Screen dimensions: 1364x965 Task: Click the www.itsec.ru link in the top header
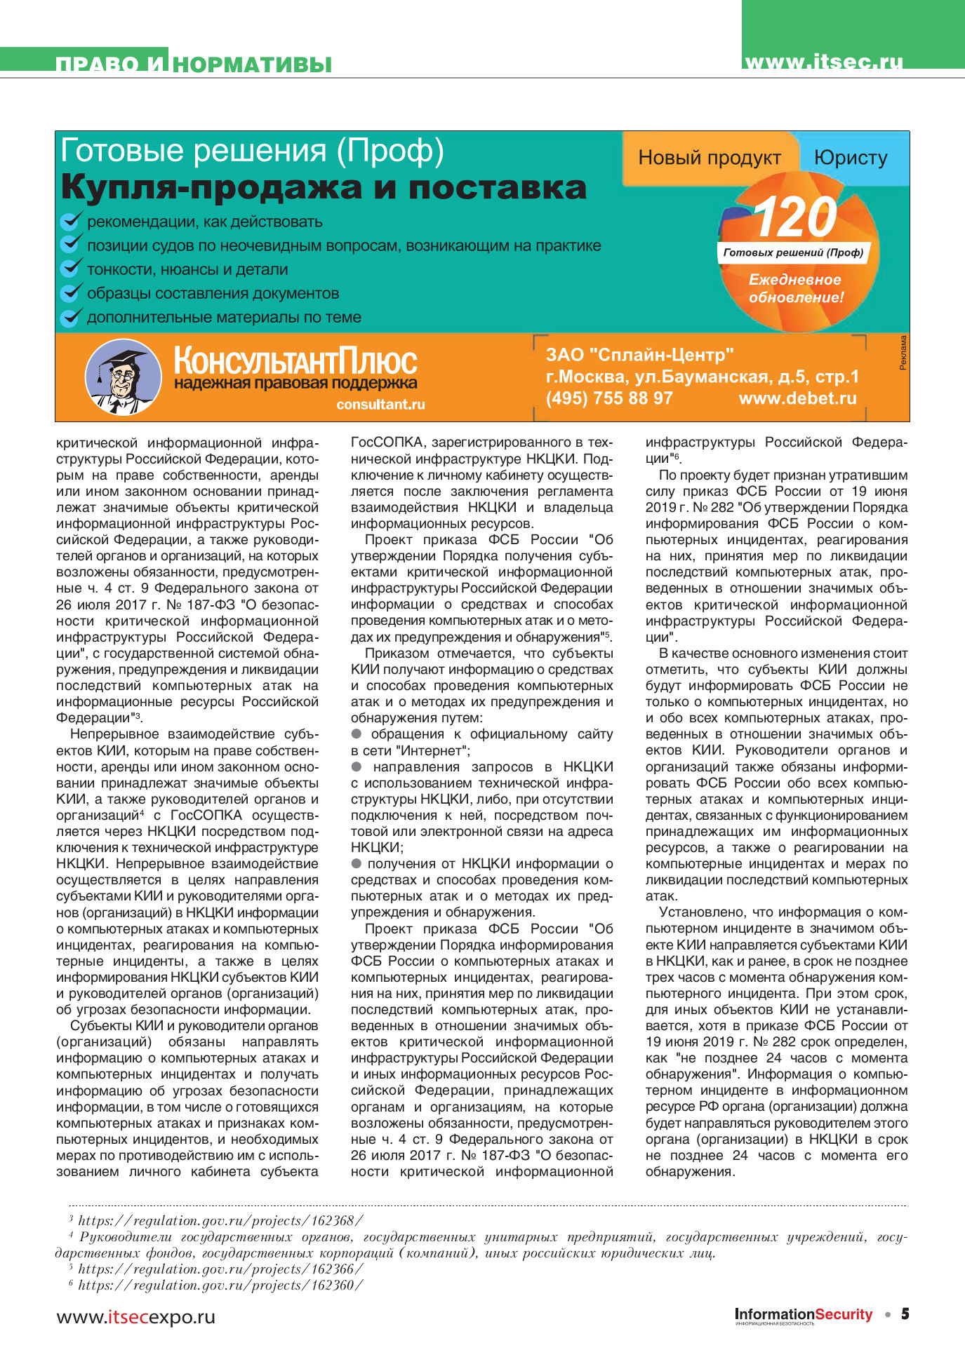823,62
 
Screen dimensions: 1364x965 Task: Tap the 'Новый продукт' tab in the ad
709,158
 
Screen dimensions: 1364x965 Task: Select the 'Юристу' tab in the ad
851,158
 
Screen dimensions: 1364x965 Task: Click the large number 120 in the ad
795,218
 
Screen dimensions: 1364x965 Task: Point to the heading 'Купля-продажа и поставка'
324,187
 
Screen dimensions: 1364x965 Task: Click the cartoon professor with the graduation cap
123,377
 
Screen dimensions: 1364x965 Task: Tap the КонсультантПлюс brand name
295,361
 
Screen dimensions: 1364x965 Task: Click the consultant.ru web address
380,405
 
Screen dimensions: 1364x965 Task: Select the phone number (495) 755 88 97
609,398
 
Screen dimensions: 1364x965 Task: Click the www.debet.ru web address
797,398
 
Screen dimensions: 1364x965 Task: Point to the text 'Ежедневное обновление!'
795,288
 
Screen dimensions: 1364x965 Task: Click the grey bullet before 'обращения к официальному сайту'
357,734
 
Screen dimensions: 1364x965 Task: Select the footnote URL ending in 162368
220,1221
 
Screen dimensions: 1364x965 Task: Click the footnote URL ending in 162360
220,1285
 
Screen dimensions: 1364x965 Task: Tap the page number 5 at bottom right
905,1314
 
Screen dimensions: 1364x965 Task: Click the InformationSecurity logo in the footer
803,1315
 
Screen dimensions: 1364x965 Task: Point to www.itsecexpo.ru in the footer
135,1316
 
